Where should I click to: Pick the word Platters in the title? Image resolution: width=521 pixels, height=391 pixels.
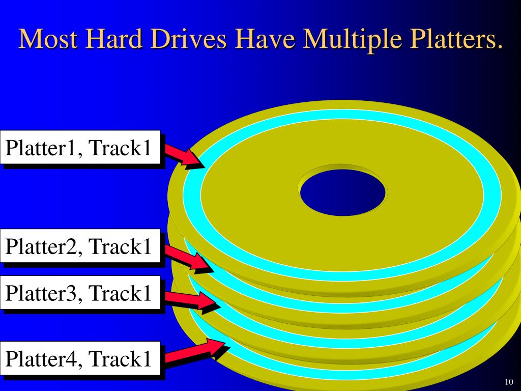coord(448,40)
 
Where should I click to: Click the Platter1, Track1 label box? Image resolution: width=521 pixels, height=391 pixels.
coord(80,148)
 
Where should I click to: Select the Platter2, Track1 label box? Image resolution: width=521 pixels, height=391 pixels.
coord(80,246)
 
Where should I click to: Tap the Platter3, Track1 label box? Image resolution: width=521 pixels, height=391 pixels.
coord(80,293)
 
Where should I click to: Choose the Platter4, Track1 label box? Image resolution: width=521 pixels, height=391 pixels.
coord(80,359)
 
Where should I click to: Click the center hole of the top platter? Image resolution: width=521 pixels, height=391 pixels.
coord(342,192)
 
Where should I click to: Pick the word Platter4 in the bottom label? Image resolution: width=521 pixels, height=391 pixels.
coord(43,359)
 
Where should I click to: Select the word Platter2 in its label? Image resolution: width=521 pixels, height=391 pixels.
coord(43,246)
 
